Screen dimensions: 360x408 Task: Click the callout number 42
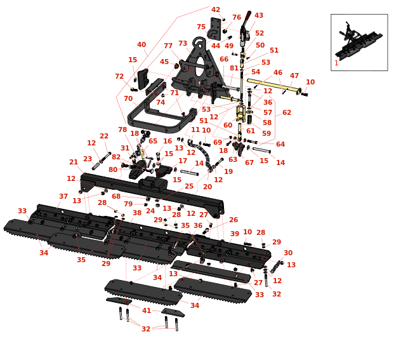pyautogui.click(x=216, y=10)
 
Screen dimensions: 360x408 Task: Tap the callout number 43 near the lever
pyautogui.click(x=259, y=16)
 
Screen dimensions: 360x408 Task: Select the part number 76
pyautogui.click(x=237, y=18)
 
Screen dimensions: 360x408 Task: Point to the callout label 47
pyautogui.click(x=294, y=76)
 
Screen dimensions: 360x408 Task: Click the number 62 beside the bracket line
pyautogui.click(x=287, y=112)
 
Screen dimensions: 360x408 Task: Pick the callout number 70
pyautogui.click(x=128, y=99)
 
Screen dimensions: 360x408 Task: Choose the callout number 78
pyautogui.click(x=122, y=130)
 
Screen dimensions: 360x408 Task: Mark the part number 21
pyautogui.click(x=74, y=163)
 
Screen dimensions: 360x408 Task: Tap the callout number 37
pyautogui.click(x=63, y=197)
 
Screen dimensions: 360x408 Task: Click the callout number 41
pyautogui.click(x=147, y=310)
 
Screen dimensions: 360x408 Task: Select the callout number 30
pyautogui.click(x=288, y=253)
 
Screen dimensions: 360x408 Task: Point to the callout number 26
pyautogui.click(x=234, y=220)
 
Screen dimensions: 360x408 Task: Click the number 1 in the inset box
pyautogui.click(x=336, y=63)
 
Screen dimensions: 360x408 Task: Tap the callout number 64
pyautogui.click(x=280, y=144)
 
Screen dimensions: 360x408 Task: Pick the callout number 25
pyautogui.click(x=189, y=186)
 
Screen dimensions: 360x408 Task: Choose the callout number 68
pyautogui.click(x=116, y=196)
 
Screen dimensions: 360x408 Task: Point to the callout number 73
pyautogui.click(x=183, y=44)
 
